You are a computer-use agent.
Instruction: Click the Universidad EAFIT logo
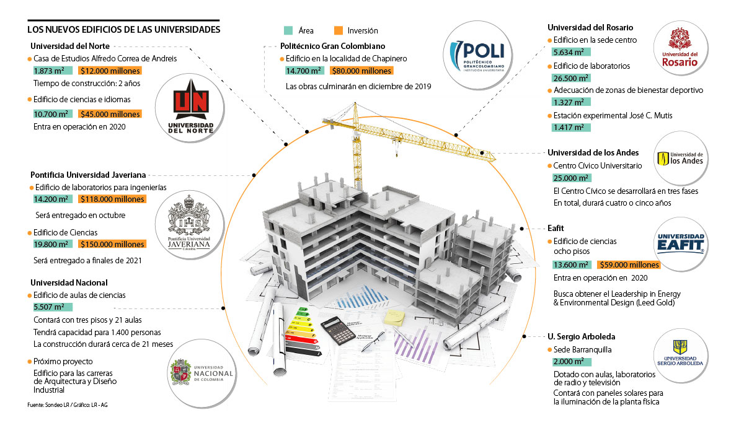coord(680,243)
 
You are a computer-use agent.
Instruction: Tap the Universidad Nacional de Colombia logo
coord(201,373)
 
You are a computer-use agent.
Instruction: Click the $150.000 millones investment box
coord(113,244)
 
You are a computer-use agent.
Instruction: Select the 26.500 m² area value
coord(570,79)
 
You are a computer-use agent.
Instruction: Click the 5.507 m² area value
coord(52,307)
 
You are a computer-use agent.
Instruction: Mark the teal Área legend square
coord(288,30)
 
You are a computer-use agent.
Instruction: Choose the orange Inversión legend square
coord(338,30)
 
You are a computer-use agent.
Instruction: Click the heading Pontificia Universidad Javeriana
coord(87,175)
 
